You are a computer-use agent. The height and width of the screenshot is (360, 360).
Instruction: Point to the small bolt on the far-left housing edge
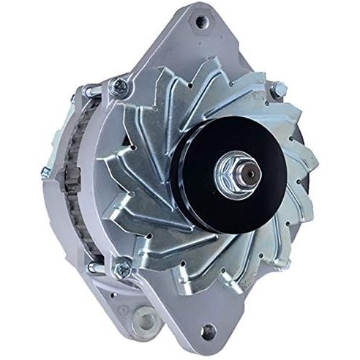coord(46,173)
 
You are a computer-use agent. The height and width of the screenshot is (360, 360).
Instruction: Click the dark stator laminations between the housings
coord(73,176)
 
